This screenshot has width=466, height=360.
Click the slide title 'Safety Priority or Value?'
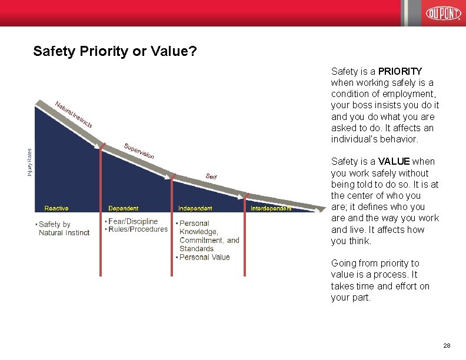[115, 51]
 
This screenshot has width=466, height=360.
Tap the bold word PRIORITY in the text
[400, 71]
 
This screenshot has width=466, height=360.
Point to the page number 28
[447, 345]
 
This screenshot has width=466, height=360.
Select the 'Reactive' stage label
[56, 208]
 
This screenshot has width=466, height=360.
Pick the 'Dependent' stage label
[124, 208]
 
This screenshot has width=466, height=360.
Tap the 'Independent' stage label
[195, 208]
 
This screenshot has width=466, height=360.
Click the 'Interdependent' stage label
[271, 208]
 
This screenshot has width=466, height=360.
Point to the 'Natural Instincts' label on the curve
[74, 115]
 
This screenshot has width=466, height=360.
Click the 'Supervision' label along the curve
[139, 151]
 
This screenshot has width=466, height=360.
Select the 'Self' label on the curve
[211, 176]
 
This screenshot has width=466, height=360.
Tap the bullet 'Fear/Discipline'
[133, 221]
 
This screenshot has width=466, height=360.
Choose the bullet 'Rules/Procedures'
[138, 229]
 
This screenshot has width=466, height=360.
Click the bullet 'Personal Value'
[204, 257]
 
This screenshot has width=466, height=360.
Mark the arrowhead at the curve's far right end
[319, 208]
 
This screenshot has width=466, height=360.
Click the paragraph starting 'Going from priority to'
[380, 280]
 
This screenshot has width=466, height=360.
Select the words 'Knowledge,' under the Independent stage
[198, 232]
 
